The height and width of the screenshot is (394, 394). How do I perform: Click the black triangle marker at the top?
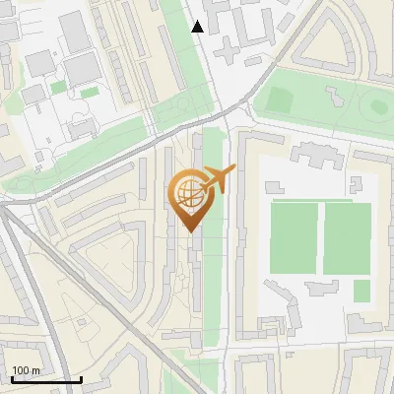pyautogui.click(x=198, y=27)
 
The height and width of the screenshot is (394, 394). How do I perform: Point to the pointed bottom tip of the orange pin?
pyautogui.click(x=188, y=230)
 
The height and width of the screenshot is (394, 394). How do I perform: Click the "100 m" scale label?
pyautogui.click(x=26, y=370)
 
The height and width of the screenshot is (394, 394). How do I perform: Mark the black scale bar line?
pyautogui.click(x=46, y=379)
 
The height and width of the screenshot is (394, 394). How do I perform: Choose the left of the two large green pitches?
pyautogui.click(x=295, y=237)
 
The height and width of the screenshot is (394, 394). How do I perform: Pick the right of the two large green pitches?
pyautogui.click(x=347, y=237)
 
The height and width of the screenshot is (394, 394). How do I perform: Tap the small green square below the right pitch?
pyautogui.click(x=361, y=291)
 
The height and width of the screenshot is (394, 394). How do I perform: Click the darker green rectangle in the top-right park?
pyautogui.click(x=280, y=99)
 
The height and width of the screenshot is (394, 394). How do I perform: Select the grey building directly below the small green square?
pyautogui.click(x=364, y=322)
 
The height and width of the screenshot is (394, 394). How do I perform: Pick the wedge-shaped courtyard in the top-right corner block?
pyautogui.click(x=340, y=39)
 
